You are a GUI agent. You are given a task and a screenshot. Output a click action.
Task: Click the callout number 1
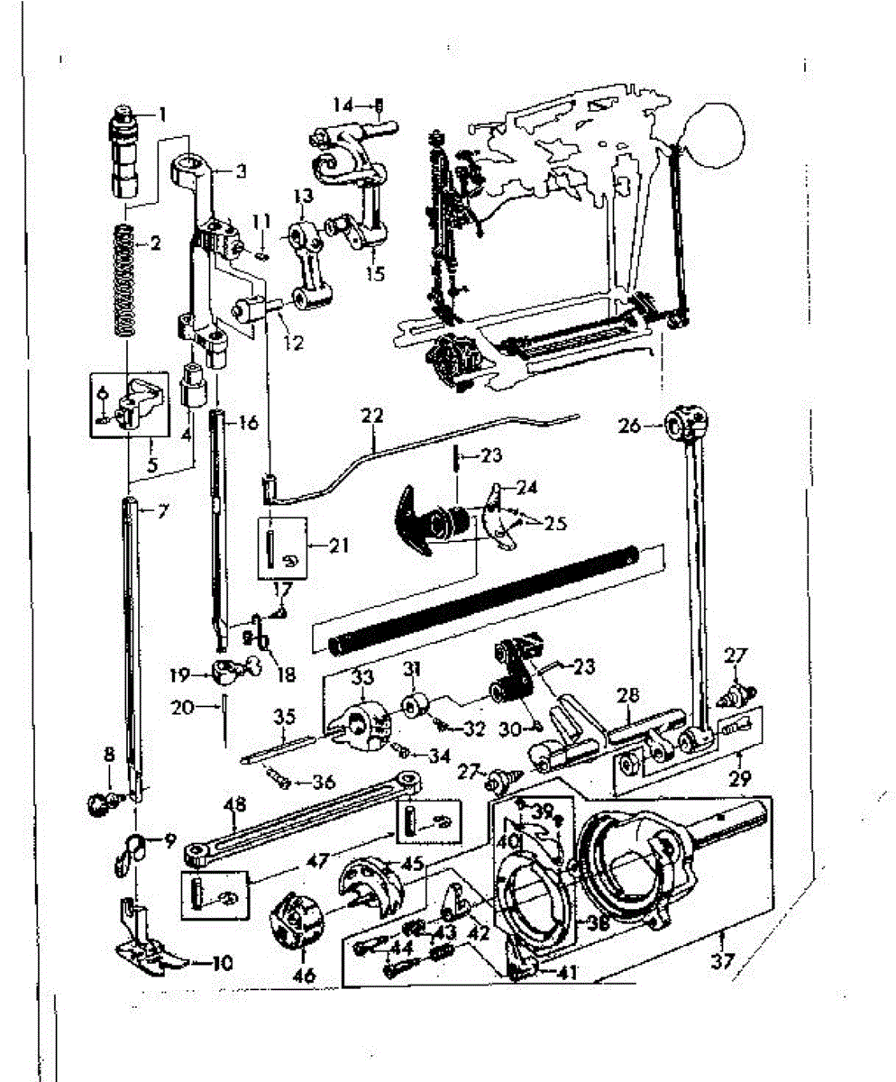coord(163,114)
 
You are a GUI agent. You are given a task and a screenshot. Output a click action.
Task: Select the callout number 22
coord(371,417)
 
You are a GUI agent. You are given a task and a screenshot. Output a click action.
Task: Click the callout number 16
coord(249,421)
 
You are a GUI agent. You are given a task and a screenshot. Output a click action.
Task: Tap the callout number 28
coord(628,695)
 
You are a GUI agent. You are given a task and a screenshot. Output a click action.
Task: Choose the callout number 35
coord(285,719)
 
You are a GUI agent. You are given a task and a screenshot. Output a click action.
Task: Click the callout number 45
coord(414,863)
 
